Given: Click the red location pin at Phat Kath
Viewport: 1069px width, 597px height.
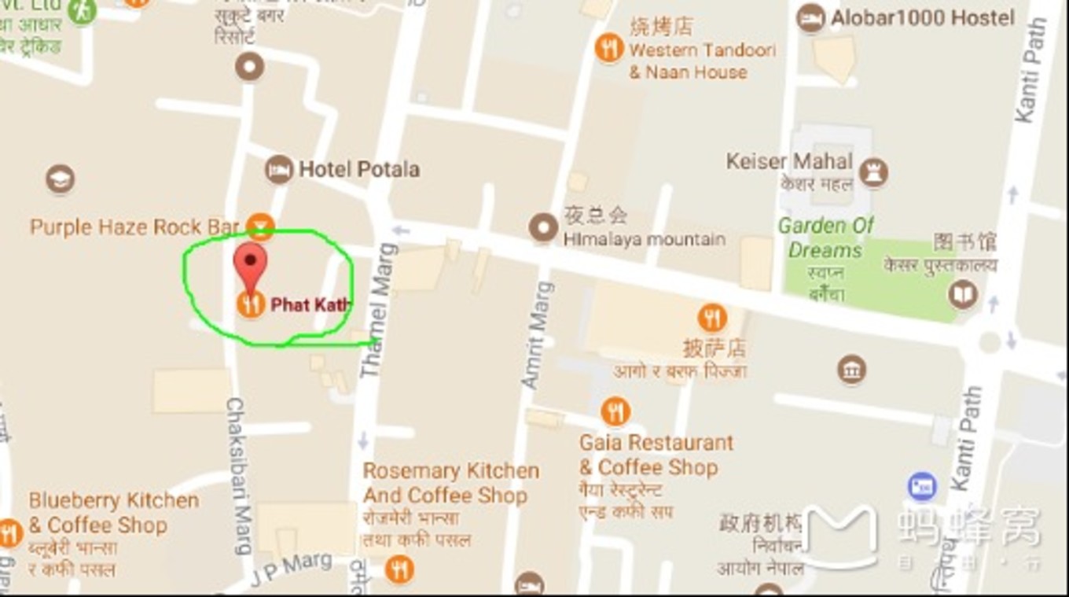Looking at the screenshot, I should (x=251, y=267).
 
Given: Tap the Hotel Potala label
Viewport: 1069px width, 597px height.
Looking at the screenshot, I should (x=358, y=169).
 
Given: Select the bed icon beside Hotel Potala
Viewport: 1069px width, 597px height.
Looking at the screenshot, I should (x=278, y=169).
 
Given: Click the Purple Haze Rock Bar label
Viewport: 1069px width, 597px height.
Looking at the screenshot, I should (x=134, y=227).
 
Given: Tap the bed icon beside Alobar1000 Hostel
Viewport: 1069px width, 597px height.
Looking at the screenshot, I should (x=810, y=17).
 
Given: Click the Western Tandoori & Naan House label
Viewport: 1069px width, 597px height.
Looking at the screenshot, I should (x=701, y=61).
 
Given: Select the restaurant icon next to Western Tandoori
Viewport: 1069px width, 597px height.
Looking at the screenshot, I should (x=609, y=49).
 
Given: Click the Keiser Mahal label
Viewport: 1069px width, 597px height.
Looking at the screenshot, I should (x=788, y=161).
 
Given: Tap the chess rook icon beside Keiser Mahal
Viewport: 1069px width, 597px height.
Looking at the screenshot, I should (x=873, y=172).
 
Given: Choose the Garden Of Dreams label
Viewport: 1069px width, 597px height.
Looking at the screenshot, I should (x=825, y=238).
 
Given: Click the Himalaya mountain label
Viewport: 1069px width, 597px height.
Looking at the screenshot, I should (x=644, y=239).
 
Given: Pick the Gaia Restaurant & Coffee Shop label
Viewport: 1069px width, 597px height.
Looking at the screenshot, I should (x=656, y=455).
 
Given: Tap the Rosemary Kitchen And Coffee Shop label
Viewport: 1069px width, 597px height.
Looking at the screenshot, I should (x=450, y=483).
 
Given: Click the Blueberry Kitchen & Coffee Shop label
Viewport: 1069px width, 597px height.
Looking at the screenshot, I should (x=113, y=513).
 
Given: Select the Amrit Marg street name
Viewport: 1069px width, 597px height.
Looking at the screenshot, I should (x=538, y=334).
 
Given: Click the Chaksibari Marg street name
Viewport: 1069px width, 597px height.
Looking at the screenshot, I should (x=240, y=474).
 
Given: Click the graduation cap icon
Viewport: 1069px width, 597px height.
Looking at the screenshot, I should (x=60, y=179).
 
